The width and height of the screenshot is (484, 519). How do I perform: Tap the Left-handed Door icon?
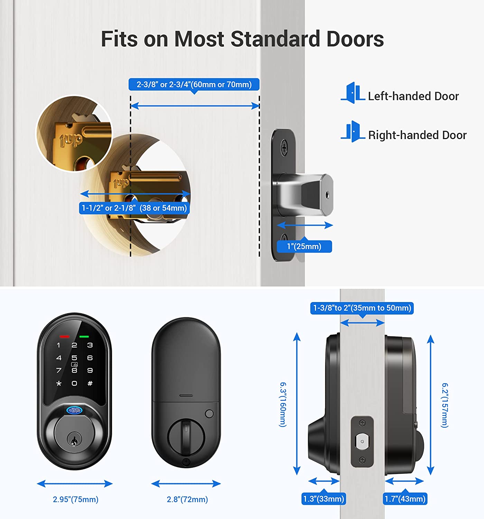point(353,93)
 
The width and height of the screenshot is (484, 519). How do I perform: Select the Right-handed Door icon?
point(353,131)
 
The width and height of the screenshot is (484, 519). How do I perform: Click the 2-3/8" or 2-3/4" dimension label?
point(194,84)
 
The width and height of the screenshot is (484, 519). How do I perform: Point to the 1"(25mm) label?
point(304,246)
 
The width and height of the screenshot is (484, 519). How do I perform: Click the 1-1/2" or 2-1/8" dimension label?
point(134,208)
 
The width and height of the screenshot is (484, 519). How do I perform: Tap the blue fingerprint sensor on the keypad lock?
point(74,411)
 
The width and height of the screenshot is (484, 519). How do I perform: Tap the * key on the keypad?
point(59,383)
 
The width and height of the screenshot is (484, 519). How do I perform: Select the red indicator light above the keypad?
point(64,337)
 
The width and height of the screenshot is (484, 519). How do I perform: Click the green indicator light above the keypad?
point(84,337)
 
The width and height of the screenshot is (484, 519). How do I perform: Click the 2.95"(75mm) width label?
point(75,499)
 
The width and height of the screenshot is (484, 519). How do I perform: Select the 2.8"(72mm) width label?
point(187,499)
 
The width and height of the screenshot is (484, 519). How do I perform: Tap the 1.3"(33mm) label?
point(324,499)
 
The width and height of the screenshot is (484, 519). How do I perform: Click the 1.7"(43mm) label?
point(405,499)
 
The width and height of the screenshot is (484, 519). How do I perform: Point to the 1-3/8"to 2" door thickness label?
point(362,308)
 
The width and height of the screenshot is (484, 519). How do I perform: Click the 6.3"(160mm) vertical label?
point(283,404)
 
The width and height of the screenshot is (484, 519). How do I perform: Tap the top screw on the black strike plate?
point(284,148)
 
